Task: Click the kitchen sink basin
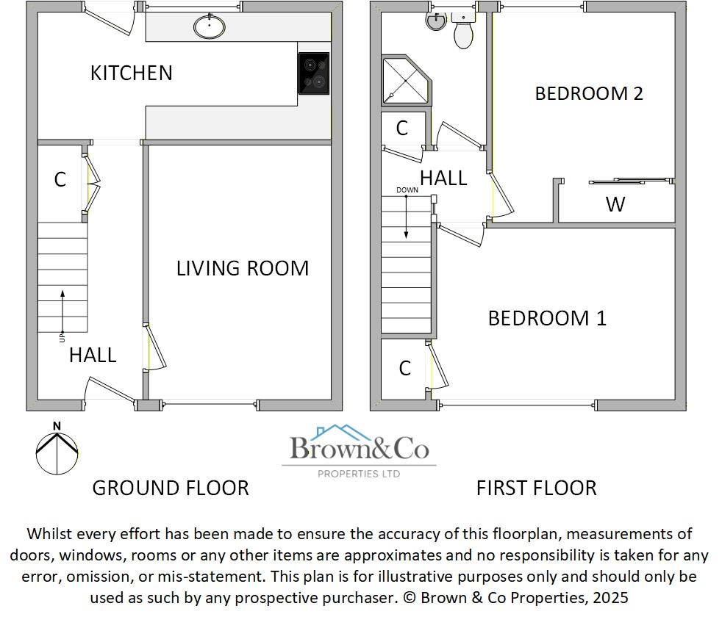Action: point(210,27)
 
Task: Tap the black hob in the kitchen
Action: point(313,73)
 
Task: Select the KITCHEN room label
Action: point(131,73)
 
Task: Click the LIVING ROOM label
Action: point(242,268)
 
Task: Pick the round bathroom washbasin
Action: point(435,21)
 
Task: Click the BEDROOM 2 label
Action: point(588,93)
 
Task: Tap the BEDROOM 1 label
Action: point(547,318)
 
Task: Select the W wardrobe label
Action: point(615,204)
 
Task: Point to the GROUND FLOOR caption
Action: point(170,488)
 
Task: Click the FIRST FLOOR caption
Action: point(536,488)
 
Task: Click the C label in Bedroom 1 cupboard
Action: point(404,368)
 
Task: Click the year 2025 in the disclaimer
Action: point(609,598)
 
